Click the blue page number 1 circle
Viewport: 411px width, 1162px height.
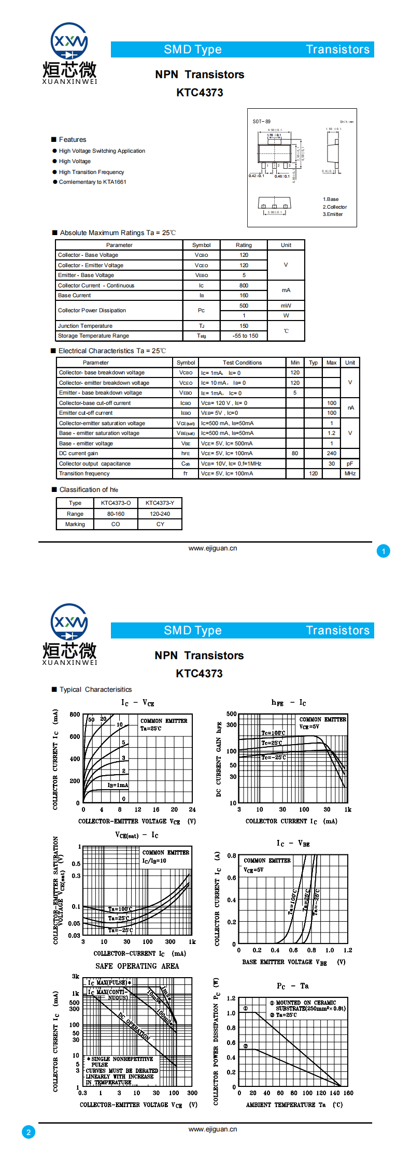coord(383,551)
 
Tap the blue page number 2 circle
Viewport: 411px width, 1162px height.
coord(29,1132)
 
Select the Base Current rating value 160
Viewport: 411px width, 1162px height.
coord(244,295)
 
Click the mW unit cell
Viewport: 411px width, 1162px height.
coord(286,306)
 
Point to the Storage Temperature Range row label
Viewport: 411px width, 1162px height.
coord(93,336)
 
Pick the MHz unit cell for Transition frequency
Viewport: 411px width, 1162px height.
coord(350,473)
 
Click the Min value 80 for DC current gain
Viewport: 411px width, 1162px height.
coord(294,453)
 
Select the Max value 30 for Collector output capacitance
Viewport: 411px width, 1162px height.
coord(331,463)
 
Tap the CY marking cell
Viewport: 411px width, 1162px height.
coord(160,524)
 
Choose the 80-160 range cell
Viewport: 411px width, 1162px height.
coord(116,514)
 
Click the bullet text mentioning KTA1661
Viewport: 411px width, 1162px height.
coord(92,182)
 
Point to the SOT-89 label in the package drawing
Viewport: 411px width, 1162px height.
coord(261,122)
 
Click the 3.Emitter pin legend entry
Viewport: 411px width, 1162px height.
coord(333,214)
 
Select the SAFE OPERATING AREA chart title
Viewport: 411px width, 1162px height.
coord(137,966)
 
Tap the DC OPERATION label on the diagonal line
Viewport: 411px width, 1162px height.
coord(134,1027)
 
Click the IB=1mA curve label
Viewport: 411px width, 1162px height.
coord(118,785)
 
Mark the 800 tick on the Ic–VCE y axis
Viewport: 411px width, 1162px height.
coord(75,714)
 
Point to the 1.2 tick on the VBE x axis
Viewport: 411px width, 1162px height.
coord(348,950)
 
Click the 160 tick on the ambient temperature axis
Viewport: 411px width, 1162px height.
coord(348,1093)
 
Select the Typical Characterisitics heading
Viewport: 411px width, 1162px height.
coord(95,689)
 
